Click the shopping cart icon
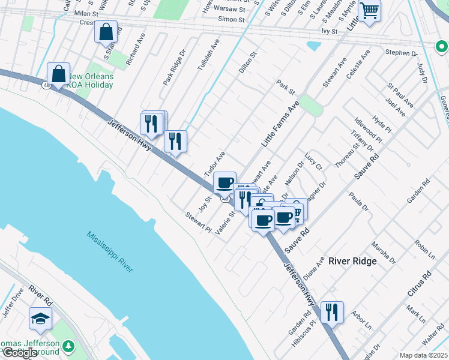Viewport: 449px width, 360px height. click(x=369, y=11)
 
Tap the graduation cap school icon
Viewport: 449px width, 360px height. click(x=40, y=318)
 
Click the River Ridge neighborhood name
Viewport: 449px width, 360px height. click(x=352, y=261)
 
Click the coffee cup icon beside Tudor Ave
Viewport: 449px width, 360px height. click(x=224, y=182)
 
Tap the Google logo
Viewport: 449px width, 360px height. click(x=19, y=353)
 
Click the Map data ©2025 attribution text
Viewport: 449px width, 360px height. click(x=423, y=355)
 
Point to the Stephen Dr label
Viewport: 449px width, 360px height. click(x=401, y=53)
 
